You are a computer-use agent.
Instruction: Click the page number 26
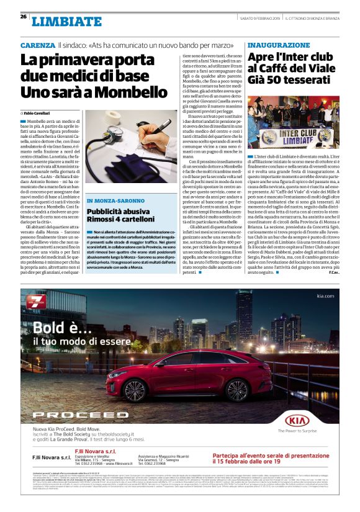pos(23,17)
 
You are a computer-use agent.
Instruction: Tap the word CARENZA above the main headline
pos(37,46)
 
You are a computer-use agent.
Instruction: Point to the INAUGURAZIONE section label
pos(278,46)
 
